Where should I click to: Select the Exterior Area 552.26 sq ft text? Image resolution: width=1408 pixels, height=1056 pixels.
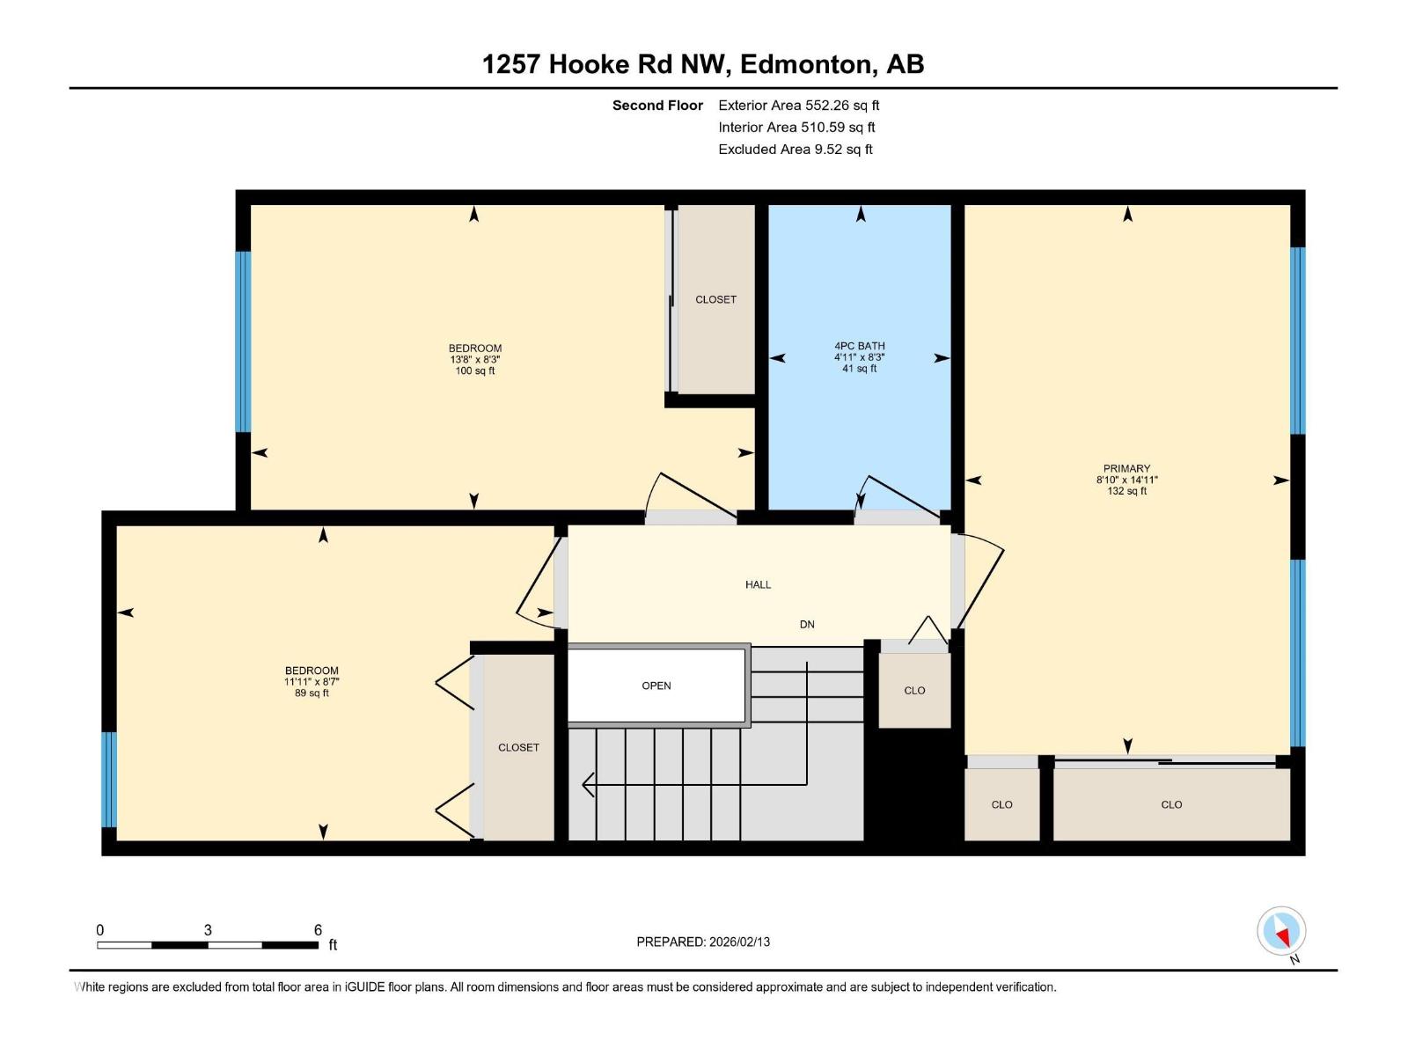(x=798, y=105)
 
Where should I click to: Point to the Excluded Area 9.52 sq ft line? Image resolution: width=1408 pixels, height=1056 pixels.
(x=795, y=149)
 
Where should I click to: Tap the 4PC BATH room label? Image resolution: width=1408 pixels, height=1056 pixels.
(x=860, y=346)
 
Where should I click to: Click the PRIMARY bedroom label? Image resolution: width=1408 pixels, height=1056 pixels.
(x=1126, y=468)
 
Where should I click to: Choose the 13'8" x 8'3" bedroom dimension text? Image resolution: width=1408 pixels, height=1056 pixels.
(x=474, y=359)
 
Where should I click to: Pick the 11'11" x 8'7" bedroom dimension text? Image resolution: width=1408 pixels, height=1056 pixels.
(x=312, y=681)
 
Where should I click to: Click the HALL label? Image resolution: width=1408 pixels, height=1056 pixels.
(x=758, y=584)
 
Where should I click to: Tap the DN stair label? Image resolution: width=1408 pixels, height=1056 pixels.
(x=807, y=624)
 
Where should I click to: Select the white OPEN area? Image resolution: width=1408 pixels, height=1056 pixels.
(x=656, y=686)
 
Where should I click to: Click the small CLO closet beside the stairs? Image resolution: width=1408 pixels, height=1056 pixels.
(x=914, y=691)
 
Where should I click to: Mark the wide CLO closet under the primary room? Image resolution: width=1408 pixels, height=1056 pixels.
(x=1171, y=804)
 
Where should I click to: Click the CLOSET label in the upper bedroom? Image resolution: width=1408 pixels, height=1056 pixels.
(x=715, y=299)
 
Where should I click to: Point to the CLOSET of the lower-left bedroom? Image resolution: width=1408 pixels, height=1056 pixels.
(x=518, y=747)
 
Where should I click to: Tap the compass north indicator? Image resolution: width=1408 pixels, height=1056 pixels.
(x=1282, y=933)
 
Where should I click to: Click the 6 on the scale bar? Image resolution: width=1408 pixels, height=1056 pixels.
(x=318, y=930)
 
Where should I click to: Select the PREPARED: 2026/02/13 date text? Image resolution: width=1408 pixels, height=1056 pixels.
(x=703, y=942)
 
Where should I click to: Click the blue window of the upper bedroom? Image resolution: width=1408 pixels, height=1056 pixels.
(x=243, y=341)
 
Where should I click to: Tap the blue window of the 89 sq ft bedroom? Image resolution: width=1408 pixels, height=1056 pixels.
(x=109, y=779)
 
